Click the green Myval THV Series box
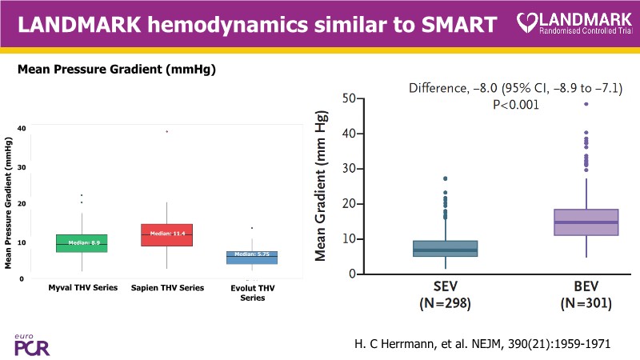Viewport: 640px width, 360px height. coord(82,243)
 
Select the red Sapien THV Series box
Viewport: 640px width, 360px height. coord(166,235)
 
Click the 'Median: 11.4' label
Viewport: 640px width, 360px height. coord(167,233)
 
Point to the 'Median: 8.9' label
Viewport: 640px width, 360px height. coord(82,241)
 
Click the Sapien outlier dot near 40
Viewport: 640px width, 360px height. coord(166,131)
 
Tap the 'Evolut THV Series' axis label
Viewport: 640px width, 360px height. coord(253,292)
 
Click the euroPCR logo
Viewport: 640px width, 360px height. coord(29,345)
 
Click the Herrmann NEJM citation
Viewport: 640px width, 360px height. coord(482,343)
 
